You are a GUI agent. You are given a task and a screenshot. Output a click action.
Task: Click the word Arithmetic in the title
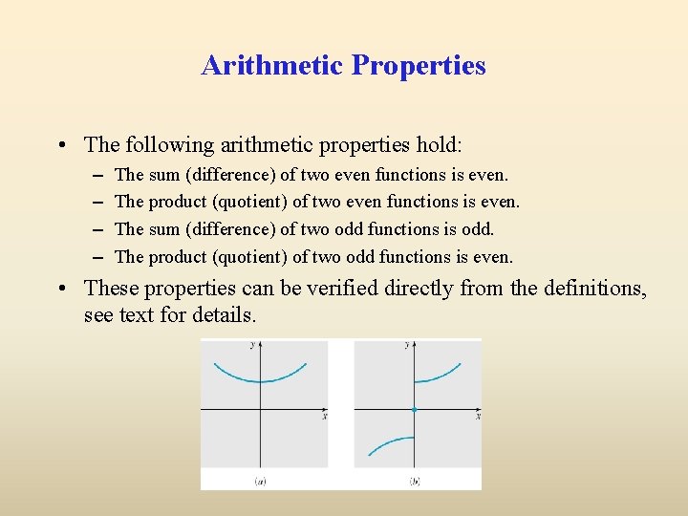coord(272,65)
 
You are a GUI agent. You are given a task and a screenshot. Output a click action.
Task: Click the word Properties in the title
coord(419,66)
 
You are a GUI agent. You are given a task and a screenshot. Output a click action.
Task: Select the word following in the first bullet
coord(170,145)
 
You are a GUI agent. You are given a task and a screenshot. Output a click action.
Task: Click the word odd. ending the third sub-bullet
coord(478,229)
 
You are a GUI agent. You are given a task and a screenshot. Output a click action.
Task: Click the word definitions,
coord(595,289)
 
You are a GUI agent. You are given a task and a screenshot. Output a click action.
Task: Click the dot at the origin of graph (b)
coord(414,409)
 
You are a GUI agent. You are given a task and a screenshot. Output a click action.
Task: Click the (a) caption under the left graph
coord(260,482)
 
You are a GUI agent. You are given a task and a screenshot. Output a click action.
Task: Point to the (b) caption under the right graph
coord(415,482)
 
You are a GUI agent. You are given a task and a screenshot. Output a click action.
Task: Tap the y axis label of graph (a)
coord(252,344)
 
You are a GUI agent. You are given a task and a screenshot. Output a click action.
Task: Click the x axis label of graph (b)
coord(479,416)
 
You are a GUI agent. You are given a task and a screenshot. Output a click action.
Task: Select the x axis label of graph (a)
coord(325,416)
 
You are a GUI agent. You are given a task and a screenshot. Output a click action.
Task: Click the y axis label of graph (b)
coord(407,344)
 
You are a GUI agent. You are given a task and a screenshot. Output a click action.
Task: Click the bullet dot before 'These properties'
coord(62,289)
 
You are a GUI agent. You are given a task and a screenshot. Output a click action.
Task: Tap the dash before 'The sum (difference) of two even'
coord(98,176)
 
